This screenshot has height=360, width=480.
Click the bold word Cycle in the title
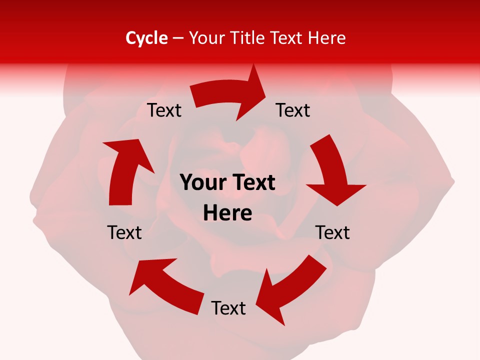coord(146,38)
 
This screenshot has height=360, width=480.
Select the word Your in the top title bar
coord(207,38)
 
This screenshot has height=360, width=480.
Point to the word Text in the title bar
coord(287,38)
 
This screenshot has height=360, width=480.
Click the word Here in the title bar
coord(327,38)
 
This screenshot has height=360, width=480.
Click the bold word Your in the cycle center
coord(202,183)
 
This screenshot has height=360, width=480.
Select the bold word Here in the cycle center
coord(227,213)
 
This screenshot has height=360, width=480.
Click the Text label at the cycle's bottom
coord(228,308)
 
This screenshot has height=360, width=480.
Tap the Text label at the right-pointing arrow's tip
coord(293,110)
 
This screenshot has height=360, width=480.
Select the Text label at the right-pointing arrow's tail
coord(164,110)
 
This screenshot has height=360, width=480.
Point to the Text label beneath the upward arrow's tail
coord(124,232)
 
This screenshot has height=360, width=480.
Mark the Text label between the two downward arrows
coord(332,232)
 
